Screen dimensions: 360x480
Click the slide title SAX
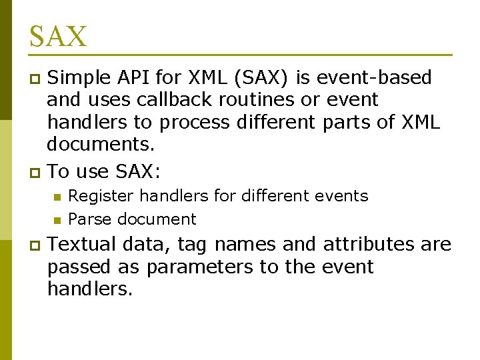tap(58, 36)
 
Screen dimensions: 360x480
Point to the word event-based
tap(378, 78)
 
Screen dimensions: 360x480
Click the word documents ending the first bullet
tap(98, 145)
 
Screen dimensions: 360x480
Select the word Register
tap(101, 196)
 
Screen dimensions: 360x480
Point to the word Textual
tap(82, 244)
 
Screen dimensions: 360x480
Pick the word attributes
tap(370, 244)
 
